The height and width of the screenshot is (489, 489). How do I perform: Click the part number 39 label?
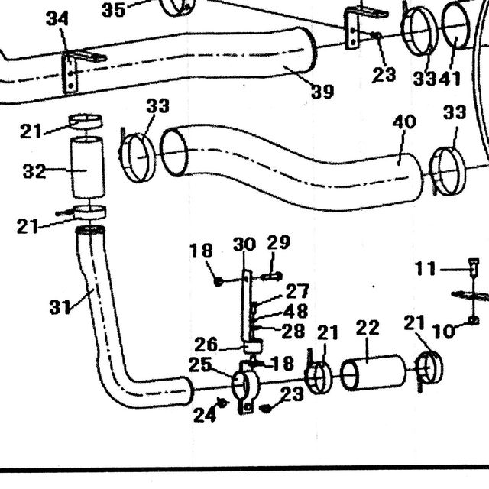pos(322,92)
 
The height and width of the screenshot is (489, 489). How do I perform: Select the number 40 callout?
pos(404,122)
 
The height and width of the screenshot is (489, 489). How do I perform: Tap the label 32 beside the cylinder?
pos(34,171)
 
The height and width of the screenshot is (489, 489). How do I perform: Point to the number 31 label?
pos(60,306)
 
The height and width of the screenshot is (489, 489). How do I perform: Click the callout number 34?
pos(57,18)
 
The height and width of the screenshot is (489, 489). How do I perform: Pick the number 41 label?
pos(449,79)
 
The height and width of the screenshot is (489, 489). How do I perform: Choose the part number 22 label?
pos(368,328)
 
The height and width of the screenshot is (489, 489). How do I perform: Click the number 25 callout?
pos(200,364)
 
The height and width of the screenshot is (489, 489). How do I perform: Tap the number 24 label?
pos(205,415)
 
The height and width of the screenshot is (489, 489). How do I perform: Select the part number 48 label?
pos(296,311)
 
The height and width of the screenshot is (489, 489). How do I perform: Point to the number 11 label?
pos(425,268)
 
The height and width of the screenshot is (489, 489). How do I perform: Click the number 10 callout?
pos(444,331)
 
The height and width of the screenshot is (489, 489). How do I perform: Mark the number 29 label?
pos(279,242)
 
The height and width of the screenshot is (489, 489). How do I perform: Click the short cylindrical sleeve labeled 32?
pos(87,167)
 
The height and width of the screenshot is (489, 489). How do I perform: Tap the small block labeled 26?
pos(253,346)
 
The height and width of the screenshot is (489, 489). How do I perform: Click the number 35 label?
pos(114,10)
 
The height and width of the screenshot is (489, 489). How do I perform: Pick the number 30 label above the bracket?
pos(244,244)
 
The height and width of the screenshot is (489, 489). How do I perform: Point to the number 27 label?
pos(297,291)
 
